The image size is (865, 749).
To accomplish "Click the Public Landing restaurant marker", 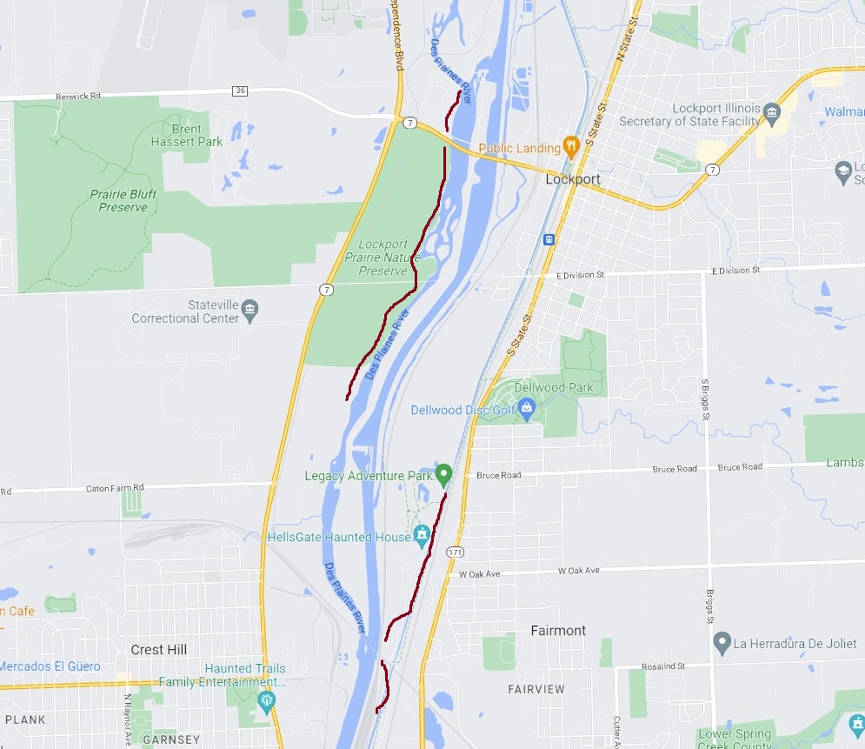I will pos(571,146).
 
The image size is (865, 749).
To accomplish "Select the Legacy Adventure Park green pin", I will pos(444,474).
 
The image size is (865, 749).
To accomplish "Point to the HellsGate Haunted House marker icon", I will pos(423,536).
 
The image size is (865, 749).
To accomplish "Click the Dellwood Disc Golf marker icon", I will pos(525,407).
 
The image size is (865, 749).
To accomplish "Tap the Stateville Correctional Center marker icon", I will pos(250,311).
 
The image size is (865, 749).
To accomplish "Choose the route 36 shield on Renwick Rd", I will pos(240,90).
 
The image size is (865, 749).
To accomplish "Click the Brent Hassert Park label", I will pos(187,135).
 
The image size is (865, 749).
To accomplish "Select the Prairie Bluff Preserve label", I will pos(123,200).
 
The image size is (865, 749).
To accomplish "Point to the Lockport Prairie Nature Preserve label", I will pos(383,257).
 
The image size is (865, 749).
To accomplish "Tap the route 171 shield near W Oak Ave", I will pos(455,552).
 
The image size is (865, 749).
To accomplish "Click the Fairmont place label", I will pos(558,630).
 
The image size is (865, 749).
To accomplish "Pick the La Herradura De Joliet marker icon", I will pos(721,644).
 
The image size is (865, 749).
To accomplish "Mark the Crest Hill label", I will pos(159,650).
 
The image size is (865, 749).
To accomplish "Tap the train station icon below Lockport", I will pos(549,239).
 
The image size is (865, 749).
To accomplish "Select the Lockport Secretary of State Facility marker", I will pos(771,110).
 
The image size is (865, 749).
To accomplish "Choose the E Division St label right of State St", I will pos(580,274).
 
